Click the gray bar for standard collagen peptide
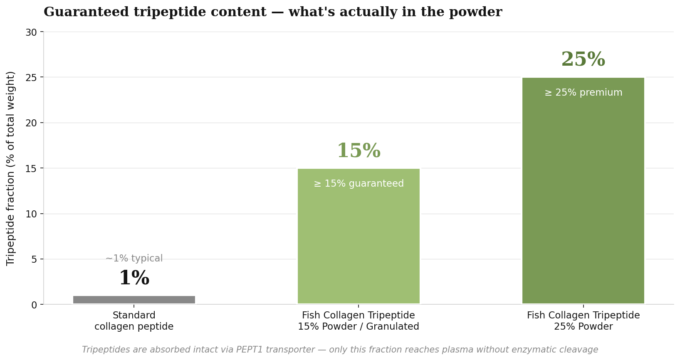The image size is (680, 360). pos(134,300)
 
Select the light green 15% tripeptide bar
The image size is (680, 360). pos(359,236)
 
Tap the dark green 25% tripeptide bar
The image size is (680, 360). pos(583,190)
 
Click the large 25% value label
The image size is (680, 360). pos(583,59)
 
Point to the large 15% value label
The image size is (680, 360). pos(359,150)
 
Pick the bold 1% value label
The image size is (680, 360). pos(134,278)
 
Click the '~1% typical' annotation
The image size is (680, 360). pos(134,258)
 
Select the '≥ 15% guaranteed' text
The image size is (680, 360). pos(359,184)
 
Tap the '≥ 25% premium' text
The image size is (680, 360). pos(583,93)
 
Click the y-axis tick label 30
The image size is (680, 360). pos(31,32)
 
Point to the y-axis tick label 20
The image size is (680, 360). pos(31,123)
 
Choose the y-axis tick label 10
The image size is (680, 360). pos(31,215)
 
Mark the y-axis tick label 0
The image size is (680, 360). pos(34,305)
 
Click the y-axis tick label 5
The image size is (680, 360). pos(34,259)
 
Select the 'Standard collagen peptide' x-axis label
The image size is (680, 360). pos(134,321)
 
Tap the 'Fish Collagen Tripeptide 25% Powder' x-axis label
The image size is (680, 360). pos(583,321)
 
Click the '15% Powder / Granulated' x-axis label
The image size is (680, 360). pos(359,327)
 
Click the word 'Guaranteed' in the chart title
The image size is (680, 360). pos(86,12)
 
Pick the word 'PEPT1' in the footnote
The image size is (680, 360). pos(249,350)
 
